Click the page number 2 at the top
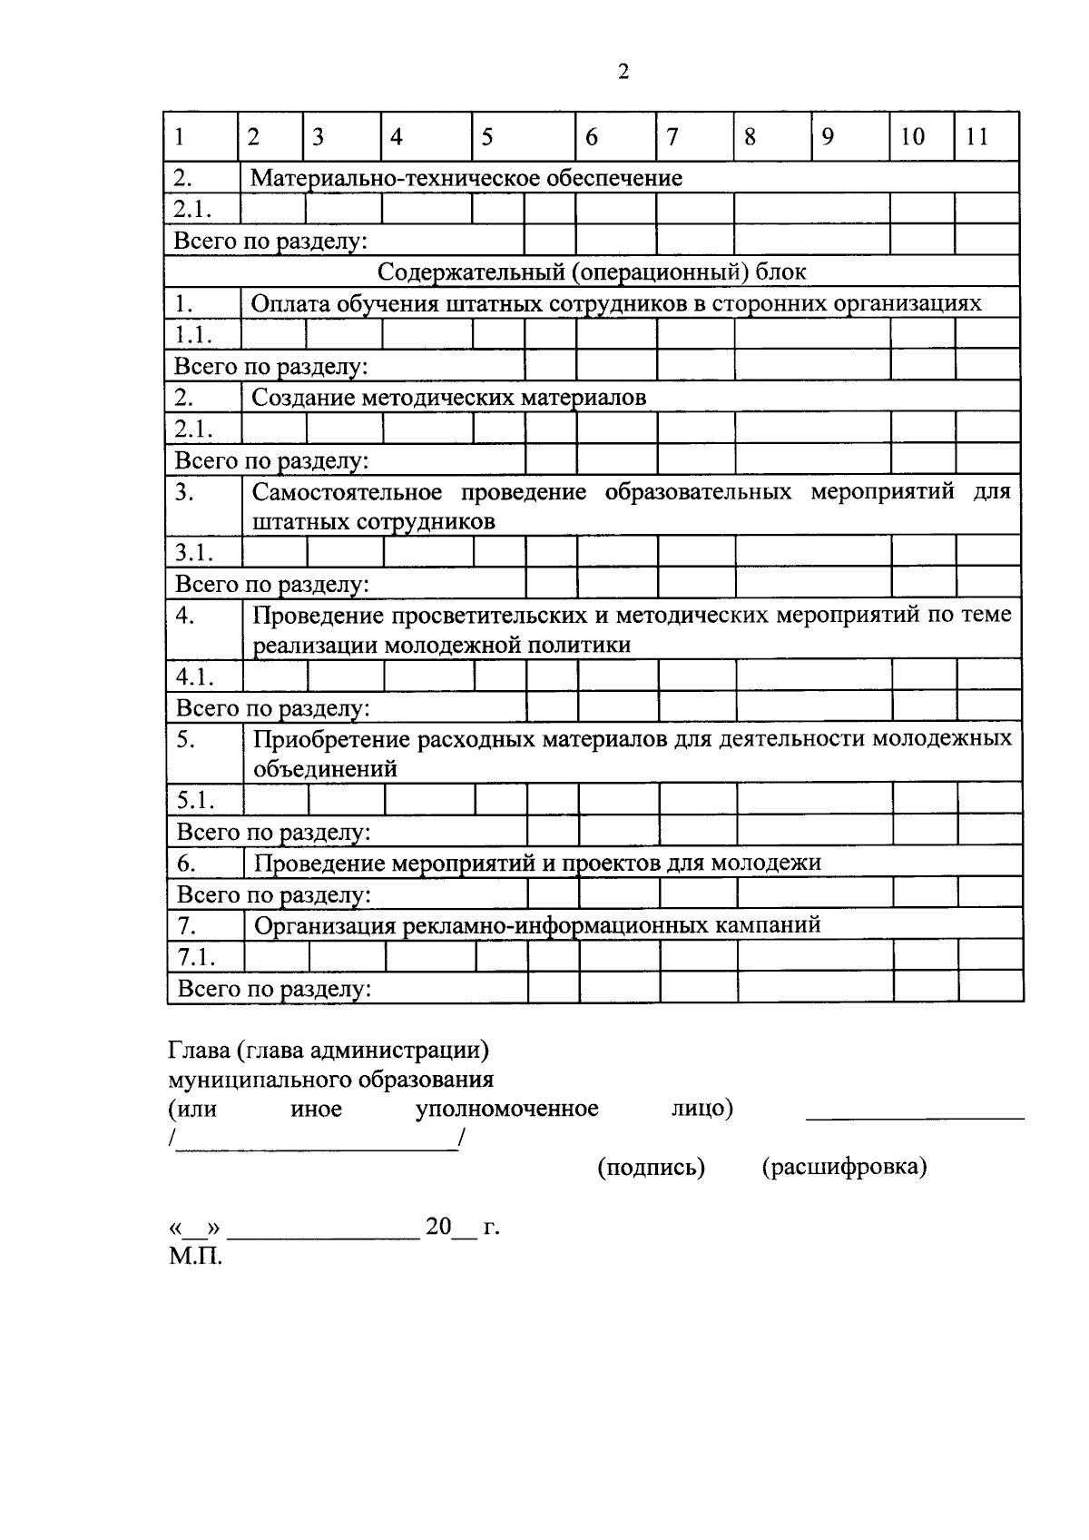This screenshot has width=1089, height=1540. click(x=623, y=73)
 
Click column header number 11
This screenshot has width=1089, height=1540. click(x=976, y=137)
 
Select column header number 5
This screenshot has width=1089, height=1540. click(x=487, y=137)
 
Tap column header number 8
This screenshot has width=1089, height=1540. click(x=750, y=137)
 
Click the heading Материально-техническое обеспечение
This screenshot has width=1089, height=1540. click(x=466, y=178)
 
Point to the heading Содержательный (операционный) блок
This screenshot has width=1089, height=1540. click(x=592, y=271)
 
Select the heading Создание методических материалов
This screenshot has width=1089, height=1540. click(x=449, y=398)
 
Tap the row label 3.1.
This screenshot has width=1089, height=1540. click(x=194, y=552)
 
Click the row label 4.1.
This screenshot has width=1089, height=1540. click(x=195, y=676)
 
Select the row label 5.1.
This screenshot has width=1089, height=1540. click(x=196, y=801)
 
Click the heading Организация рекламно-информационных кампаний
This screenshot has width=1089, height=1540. click(x=537, y=925)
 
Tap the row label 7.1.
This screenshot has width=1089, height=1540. click(x=197, y=957)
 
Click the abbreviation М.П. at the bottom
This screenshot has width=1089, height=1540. click(x=195, y=1258)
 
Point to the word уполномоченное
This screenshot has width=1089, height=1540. click(x=506, y=1109)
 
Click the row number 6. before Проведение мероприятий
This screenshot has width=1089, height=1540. click(x=186, y=863)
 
